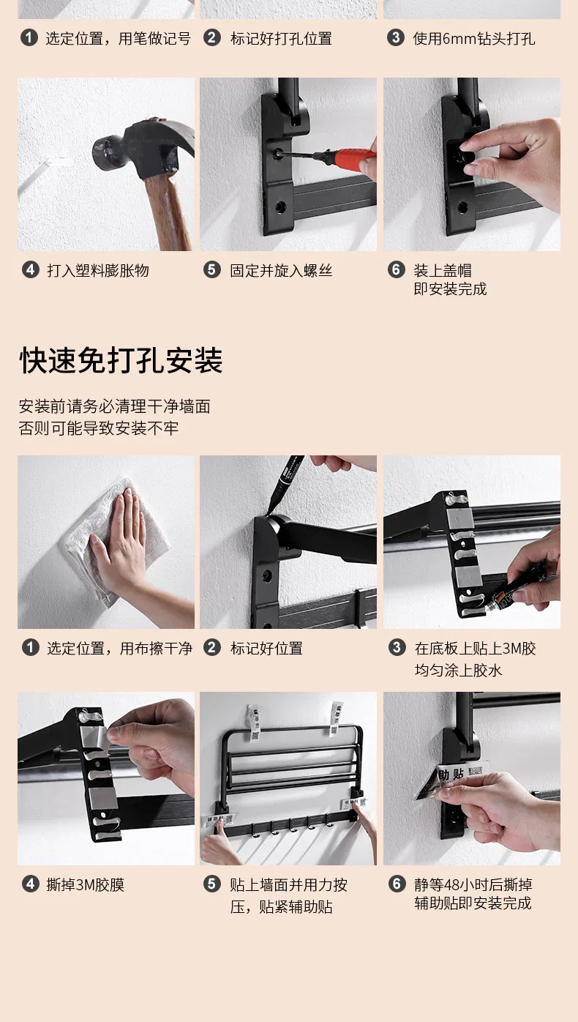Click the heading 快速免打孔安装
[x=121, y=360]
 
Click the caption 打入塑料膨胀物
[x=98, y=271]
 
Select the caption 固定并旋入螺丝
[x=281, y=271]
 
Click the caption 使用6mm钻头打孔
[x=473, y=40]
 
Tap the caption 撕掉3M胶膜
[x=86, y=884]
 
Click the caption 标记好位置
[x=266, y=649]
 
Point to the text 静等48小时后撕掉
[x=473, y=884]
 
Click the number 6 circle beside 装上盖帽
[x=396, y=269]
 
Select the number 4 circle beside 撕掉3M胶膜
[x=30, y=884]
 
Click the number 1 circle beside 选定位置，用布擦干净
[x=30, y=647]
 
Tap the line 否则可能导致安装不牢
[x=99, y=428]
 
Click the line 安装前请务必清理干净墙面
[x=114, y=406]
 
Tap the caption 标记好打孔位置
[x=281, y=40]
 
